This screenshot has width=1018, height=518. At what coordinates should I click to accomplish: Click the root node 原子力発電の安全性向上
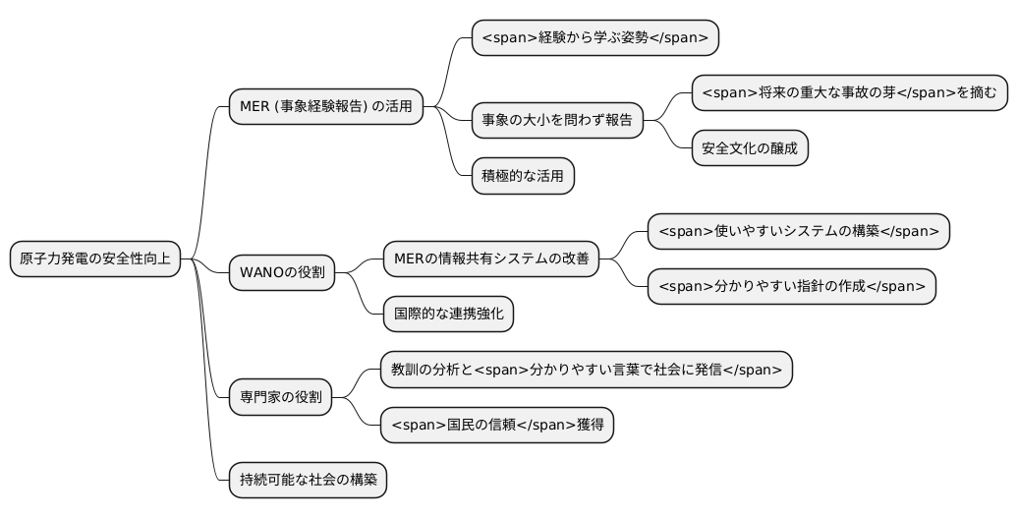95,259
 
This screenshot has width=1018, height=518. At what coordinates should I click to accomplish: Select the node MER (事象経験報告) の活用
326,106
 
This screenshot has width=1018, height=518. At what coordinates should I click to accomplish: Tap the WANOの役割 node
281,272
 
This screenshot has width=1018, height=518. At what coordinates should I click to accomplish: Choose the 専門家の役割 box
281,399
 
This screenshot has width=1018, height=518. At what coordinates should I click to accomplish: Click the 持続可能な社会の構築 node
308,482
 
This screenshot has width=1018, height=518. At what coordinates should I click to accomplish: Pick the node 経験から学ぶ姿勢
595,37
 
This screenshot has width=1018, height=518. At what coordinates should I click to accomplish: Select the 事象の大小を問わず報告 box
557,121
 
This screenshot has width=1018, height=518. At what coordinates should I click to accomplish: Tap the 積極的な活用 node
522,176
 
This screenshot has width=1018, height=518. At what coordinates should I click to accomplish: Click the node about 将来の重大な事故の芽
849,93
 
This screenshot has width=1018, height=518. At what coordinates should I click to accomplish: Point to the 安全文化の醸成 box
750,148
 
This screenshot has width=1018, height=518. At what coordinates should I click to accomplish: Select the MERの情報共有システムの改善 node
490,259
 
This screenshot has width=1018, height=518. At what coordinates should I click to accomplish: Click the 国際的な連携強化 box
447,315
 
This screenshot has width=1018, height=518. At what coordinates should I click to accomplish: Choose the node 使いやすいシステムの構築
798,232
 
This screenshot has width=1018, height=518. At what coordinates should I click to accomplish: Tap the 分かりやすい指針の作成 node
791,287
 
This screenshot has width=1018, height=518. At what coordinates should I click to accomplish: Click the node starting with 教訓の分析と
587,371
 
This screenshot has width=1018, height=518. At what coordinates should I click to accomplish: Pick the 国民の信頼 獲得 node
497,426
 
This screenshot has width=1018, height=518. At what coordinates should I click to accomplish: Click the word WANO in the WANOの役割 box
261,272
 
